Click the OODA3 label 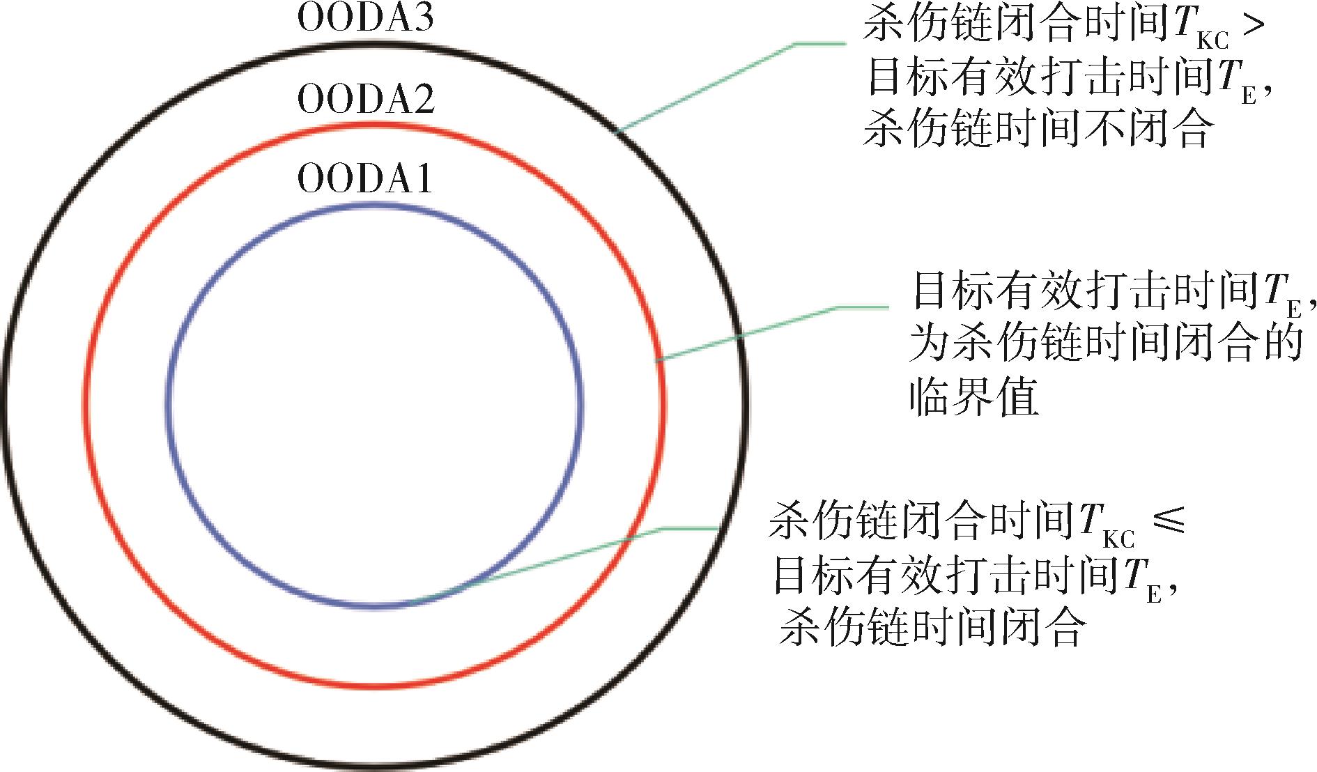tap(366, 19)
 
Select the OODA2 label tap(366, 99)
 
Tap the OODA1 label tap(365, 178)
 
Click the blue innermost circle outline tap(375, 205)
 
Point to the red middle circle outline tap(375, 125)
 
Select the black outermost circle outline tap(375, 43)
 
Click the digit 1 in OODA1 tap(423, 178)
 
